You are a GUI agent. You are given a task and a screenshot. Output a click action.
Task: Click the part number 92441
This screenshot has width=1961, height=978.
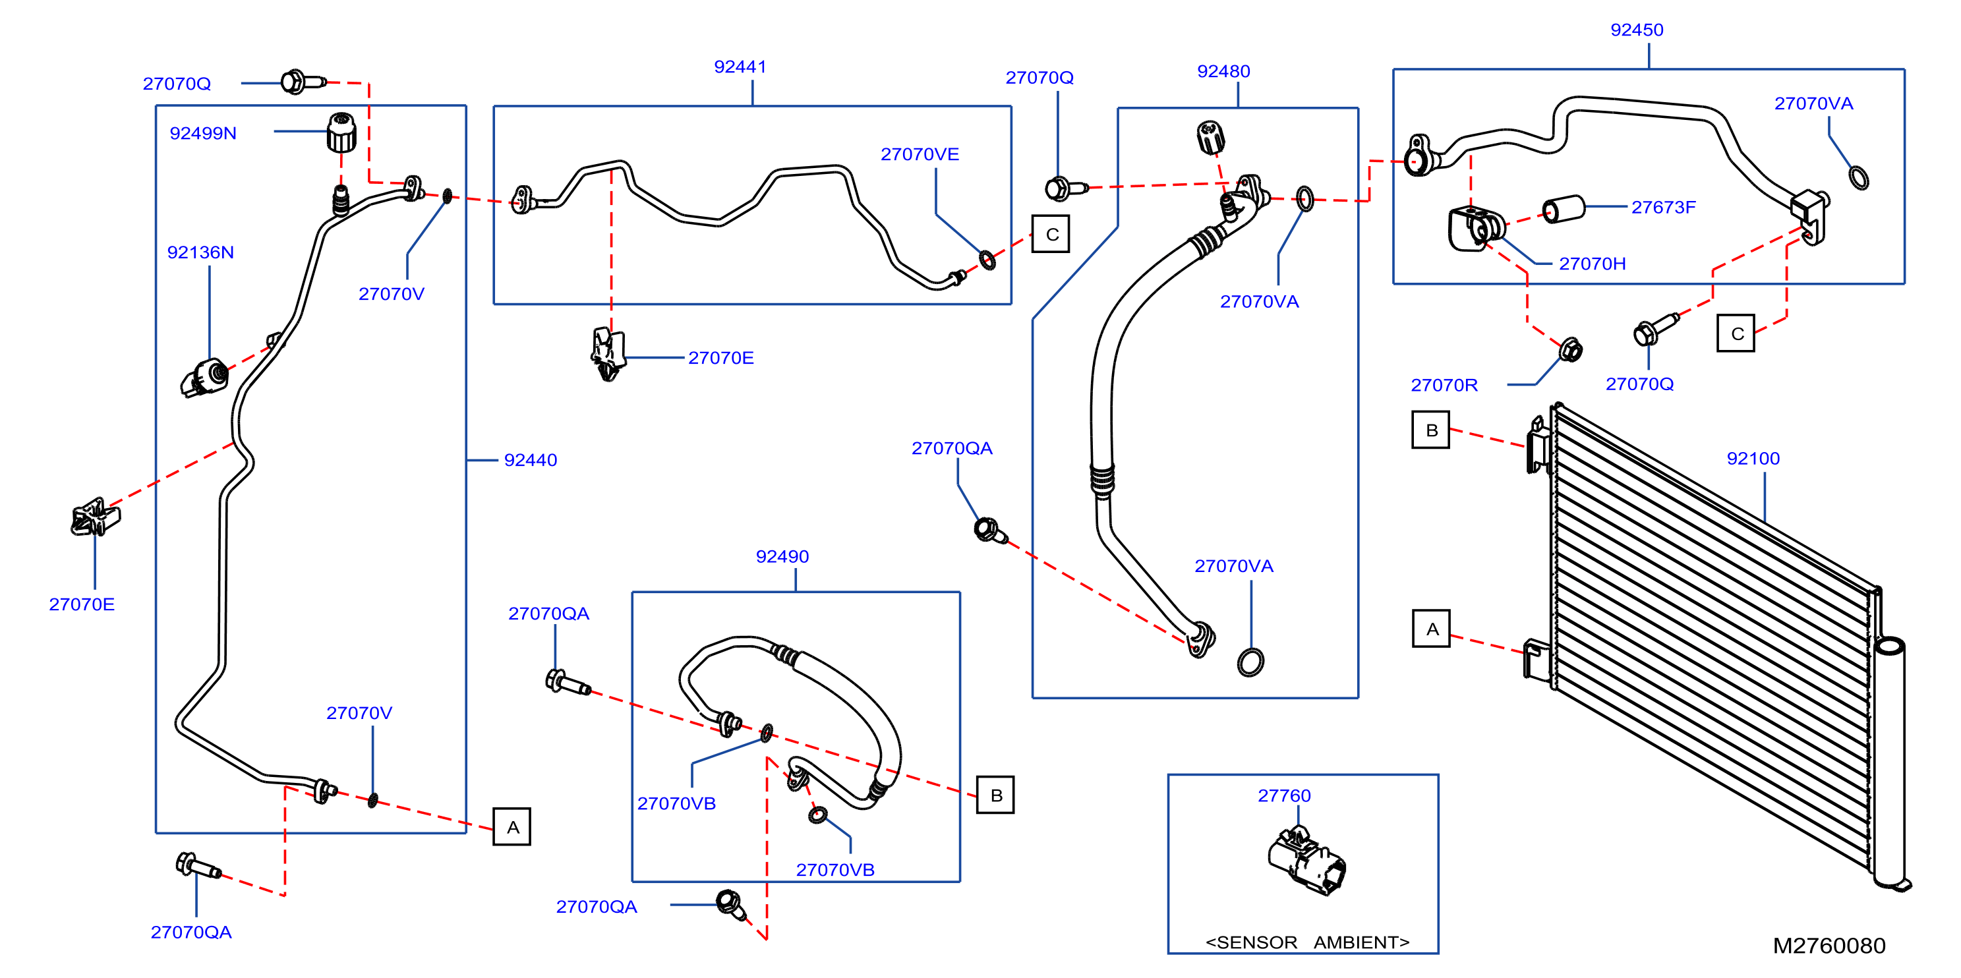click(x=740, y=67)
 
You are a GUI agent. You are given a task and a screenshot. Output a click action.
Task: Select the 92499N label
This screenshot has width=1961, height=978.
click(x=202, y=133)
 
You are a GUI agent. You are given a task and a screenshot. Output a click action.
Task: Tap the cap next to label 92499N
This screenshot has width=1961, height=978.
click(x=342, y=132)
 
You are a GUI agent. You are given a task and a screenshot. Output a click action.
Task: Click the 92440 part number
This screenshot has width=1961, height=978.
click(x=531, y=461)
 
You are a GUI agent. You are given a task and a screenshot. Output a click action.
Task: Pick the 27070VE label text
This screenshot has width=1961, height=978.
click(x=920, y=154)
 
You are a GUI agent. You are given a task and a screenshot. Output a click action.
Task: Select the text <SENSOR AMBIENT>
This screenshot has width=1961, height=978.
click(x=1307, y=942)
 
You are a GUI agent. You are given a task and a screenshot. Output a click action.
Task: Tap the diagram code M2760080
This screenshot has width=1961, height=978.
click(x=1829, y=945)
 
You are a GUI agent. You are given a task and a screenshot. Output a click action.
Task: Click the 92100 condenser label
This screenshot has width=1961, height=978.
click(x=1753, y=459)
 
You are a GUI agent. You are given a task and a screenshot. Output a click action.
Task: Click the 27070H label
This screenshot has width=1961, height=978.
click(x=1592, y=264)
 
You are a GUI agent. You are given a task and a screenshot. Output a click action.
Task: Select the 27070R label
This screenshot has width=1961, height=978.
click(x=1444, y=385)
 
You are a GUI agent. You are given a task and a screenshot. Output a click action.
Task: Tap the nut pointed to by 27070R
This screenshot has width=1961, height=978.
click(x=1571, y=350)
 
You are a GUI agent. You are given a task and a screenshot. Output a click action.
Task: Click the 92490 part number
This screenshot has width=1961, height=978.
click(x=782, y=557)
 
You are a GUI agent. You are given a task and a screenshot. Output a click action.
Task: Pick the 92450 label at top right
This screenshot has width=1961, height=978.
click(x=1637, y=30)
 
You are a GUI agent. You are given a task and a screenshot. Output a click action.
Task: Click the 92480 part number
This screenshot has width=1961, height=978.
click(x=1223, y=72)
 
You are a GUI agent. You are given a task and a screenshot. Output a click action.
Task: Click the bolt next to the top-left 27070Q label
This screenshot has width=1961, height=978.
click(x=302, y=82)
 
